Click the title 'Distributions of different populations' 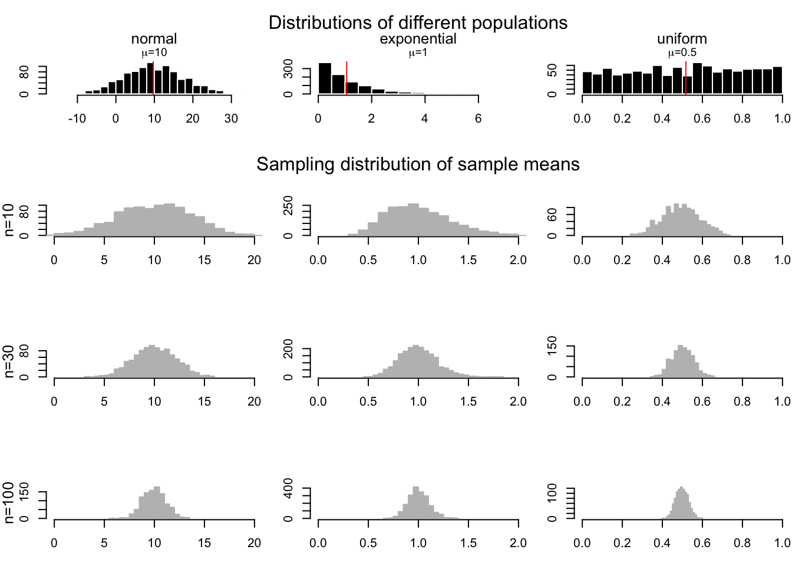pyautogui.click(x=418, y=22)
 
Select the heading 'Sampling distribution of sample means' pyautogui.click(x=418, y=164)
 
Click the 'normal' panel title pyautogui.click(x=154, y=39)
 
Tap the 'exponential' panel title pyautogui.click(x=418, y=39)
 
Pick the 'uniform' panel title pyautogui.click(x=682, y=39)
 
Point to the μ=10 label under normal pyautogui.click(x=154, y=52)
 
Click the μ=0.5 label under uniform pyautogui.click(x=682, y=52)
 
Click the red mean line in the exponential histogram pyautogui.click(x=346, y=77)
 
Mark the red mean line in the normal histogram pyautogui.click(x=153, y=77)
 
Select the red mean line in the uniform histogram pyautogui.click(x=686, y=77)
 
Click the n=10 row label pyautogui.click(x=9, y=220)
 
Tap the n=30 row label pyautogui.click(x=9, y=361)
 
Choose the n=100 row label pyautogui.click(x=9, y=502)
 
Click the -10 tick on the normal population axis pyautogui.click(x=77, y=119)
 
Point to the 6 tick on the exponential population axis pyautogui.click(x=478, y=119)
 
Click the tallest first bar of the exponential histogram pyautogui.click(x=325, y=78)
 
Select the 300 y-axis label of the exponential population pyautogui.click(x=288, y=70)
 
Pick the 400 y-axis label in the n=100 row pyautogui.click(x=288, y=489)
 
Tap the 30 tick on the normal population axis pyautogui.click(x=231, y=119)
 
